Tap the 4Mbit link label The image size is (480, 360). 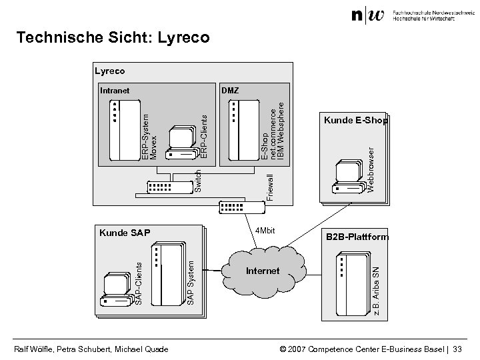click(x=265, y=231)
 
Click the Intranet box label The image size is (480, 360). click(x=115, y=90)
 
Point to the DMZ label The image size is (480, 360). click(x=230, y=90)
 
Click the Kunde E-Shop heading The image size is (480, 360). click(x=355, y=121)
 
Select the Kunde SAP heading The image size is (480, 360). click(x=125, y=233)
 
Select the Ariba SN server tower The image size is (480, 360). click(x=354, y=279)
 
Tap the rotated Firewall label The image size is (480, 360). click(x=269, y=187)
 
